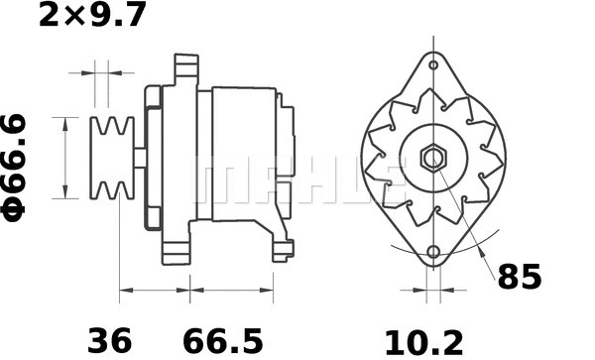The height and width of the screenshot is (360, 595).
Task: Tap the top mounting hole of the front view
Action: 433,66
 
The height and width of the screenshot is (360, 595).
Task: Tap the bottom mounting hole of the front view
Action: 433,250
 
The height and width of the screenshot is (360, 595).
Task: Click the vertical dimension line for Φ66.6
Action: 66,158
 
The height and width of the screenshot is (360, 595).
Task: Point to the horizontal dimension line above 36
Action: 154,293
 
